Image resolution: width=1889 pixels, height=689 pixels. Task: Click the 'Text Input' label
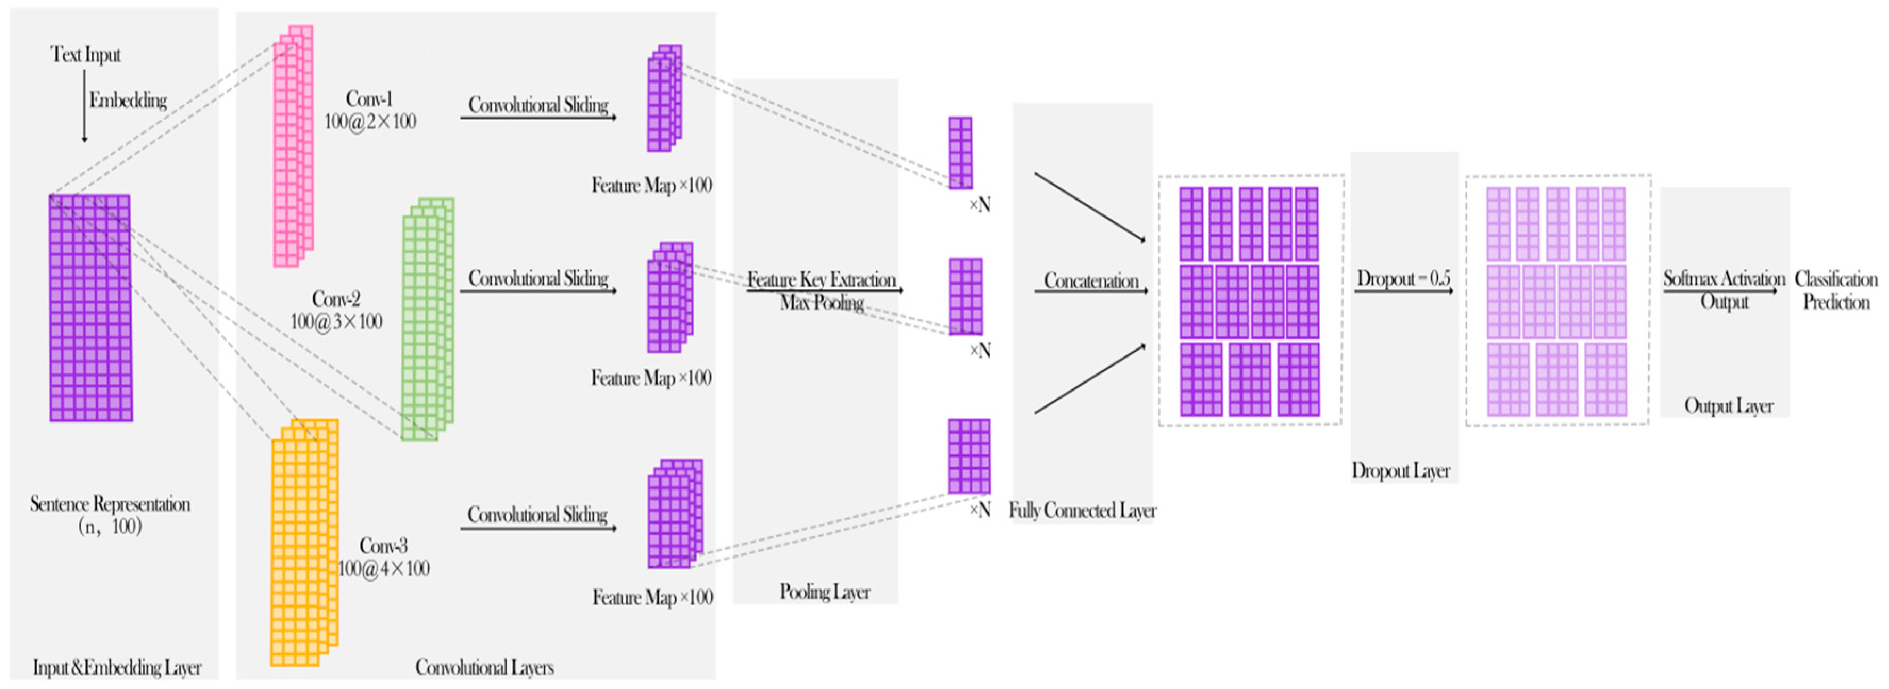click(x=86, y=54)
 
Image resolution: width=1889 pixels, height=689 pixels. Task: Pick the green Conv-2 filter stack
click(x=427, y=319)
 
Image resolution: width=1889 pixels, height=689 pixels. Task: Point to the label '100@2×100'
click(x=370, y=122)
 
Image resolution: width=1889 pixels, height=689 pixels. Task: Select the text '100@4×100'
click(x=384, y=569)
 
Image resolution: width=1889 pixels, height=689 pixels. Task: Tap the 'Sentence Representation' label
click(x=110, y=504)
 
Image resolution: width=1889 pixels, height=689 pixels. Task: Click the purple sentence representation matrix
click(x=90, y=308)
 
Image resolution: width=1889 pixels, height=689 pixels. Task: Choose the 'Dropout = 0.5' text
click(x=1403, y=279)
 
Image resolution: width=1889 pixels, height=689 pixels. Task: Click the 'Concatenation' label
click(x=1091, y=281)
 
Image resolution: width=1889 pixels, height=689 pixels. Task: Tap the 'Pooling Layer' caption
click(x=824, y=592)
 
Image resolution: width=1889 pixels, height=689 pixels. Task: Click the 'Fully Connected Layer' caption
click(x=1082, y=510)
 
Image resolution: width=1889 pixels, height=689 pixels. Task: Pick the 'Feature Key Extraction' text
click(x=821, y=279)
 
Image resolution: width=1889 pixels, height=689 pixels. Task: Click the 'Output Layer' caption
click(x=1728, y=406)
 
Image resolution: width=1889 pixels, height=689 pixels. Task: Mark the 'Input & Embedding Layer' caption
click(x=117, y=668)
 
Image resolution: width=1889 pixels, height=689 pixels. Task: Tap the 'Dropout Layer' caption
click(x=1401, y=470)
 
